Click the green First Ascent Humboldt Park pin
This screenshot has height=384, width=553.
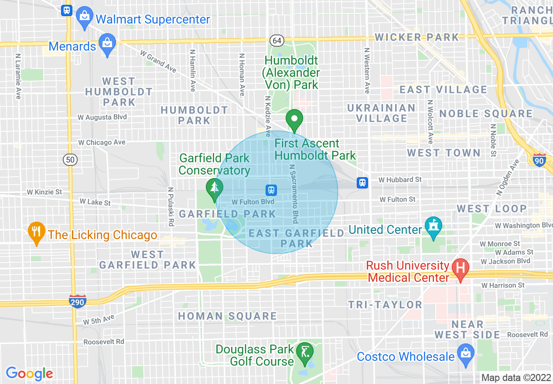[294, 119]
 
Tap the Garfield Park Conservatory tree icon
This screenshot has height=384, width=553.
[214, 188]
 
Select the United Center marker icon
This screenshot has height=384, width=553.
[433, 226]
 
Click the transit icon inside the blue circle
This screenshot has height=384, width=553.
[271, 190]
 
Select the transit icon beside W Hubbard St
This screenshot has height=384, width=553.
[362, 182]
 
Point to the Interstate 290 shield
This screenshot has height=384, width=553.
[77, 301]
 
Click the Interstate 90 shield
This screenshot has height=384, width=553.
[539, 160]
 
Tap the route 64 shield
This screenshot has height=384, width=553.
[276, 40]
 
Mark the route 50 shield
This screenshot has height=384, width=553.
[70, 160]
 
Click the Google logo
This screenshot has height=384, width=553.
[29, 374]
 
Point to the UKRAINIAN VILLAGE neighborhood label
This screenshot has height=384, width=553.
[382, 113]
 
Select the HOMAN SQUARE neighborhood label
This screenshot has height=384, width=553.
[227, 316]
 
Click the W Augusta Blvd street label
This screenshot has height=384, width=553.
[102, 117]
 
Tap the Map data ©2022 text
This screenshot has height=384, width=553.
[516, 377]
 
